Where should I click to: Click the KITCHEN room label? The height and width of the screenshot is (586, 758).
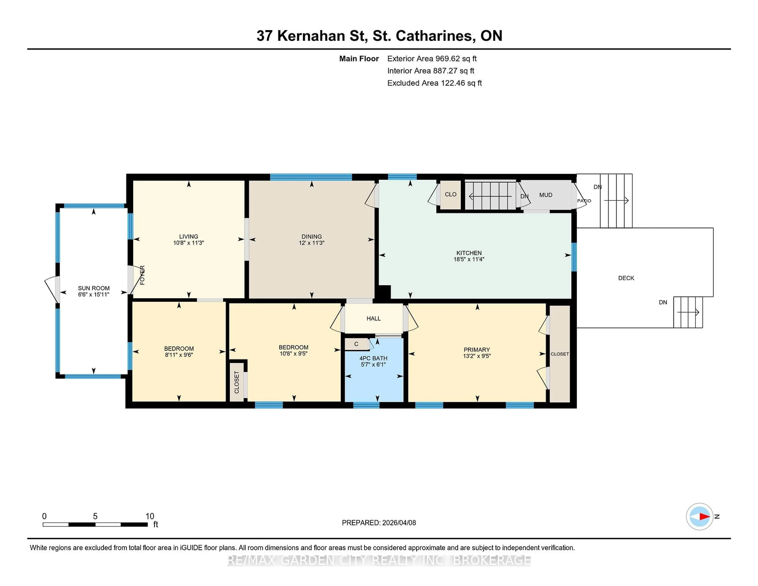pos(469,253)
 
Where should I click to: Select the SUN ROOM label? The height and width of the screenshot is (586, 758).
pos(94,288)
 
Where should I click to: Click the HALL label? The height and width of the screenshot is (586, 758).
pos(373,318)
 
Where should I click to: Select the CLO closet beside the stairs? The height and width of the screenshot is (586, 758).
pos(450,194)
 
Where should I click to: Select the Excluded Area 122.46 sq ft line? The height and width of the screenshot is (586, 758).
pos(434,83)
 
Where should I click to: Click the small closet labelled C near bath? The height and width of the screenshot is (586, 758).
pos(356,344)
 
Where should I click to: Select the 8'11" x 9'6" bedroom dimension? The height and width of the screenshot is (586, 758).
pos(179,355)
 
